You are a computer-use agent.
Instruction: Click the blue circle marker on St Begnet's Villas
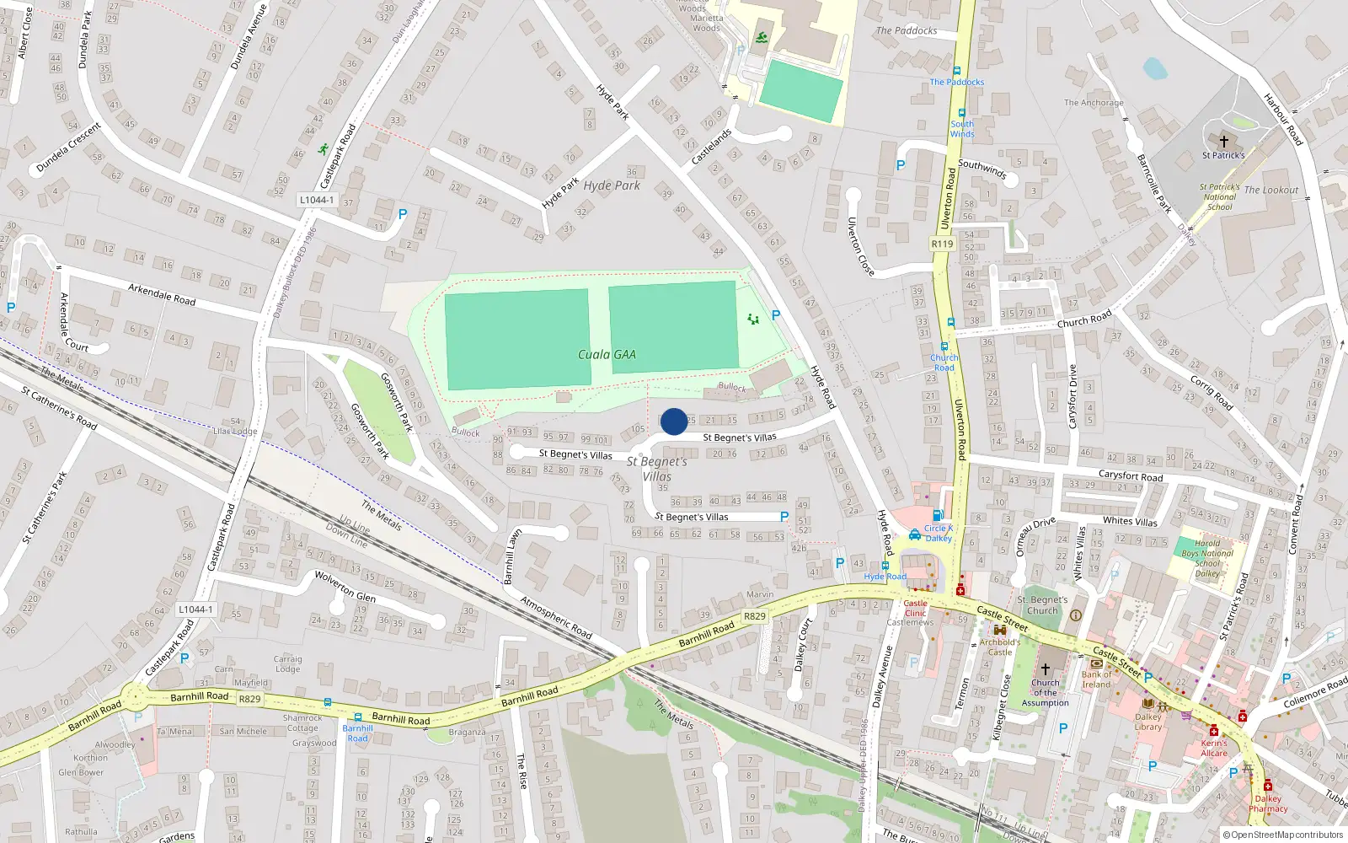(674, 421)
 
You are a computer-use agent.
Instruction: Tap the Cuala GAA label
(607, 355)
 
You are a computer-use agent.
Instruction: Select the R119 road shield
(942, 244)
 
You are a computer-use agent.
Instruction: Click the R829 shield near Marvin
(755, 616)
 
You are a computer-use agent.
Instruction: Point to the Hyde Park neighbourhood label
(612, 185)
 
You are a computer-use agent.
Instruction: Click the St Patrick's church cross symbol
(1223, 142)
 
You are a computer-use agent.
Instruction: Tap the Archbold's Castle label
(1000, 647)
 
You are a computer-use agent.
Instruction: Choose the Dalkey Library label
(1147, 722)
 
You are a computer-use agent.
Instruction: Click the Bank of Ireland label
(1097, 679)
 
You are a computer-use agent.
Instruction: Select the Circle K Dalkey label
(938, 533)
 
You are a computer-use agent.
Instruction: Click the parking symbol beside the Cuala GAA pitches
(776, 315)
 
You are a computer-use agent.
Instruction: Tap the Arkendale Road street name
(162, 294)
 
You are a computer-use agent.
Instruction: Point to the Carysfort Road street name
(1130, 476)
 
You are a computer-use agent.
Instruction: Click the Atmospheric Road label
(556, 617)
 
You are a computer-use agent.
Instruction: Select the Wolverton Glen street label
(345, 586)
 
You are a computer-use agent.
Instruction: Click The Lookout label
(1271, 191)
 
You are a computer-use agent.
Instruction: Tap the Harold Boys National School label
(1207, 558)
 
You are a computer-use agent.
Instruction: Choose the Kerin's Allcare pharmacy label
(1214, 748)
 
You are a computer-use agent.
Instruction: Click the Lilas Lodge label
(235, 431)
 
